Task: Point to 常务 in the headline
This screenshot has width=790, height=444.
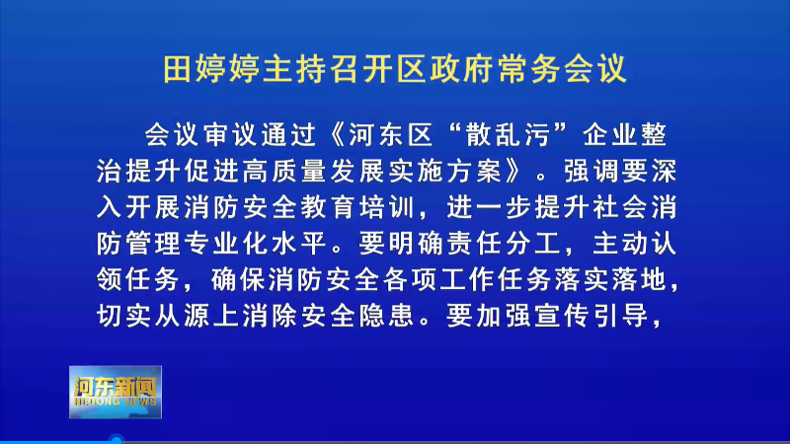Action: (529, 69)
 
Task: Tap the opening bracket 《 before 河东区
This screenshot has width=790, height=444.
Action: (337, 135)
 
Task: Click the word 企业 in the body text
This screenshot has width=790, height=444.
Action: (610, 135)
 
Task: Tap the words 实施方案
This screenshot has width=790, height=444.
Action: (446, 171)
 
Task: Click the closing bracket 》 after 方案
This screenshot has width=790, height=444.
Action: (514, 171)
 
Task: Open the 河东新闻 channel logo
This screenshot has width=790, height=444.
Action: (116, 392)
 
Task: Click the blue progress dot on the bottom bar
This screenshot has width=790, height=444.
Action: (117, 440)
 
